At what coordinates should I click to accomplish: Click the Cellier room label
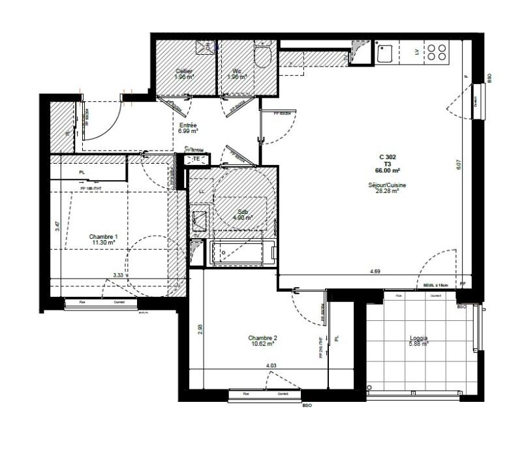[x=183, y=74]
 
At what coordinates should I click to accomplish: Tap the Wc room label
[x=238, y=74]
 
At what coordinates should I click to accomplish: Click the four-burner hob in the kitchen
[x=438, y=53]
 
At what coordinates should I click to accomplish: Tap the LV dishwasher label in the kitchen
[x=416, y=53]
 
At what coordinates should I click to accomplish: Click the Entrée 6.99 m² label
[x=188, y=128]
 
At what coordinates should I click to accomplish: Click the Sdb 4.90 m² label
[x=243, y=215]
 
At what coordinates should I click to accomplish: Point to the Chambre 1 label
[x=103, y=239]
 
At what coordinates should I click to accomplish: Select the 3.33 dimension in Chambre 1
[x=119, y=275]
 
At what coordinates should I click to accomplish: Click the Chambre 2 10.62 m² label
[x=262, y=341]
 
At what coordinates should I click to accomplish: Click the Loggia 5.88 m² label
[x=418, y=341]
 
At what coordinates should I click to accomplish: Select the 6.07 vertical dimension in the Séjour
[x=459, y=166]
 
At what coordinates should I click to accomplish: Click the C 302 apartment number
[x=388, y=157]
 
